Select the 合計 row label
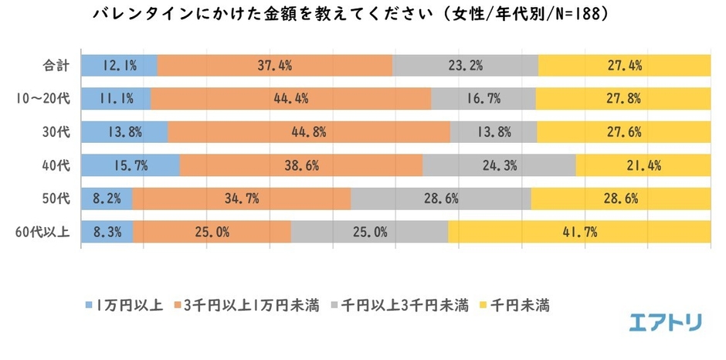[x=57, y=66]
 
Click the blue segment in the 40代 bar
[x=130, y=165]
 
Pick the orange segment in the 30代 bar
[x=308, y=131]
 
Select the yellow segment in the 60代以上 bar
[x=578, y=231]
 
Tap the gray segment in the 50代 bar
[x=441, y=198]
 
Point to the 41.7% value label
[x=579, y=231]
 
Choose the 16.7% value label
[x=483, y=98]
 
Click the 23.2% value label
[x=466, y=66]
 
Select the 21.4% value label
[x=643, y=165]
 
